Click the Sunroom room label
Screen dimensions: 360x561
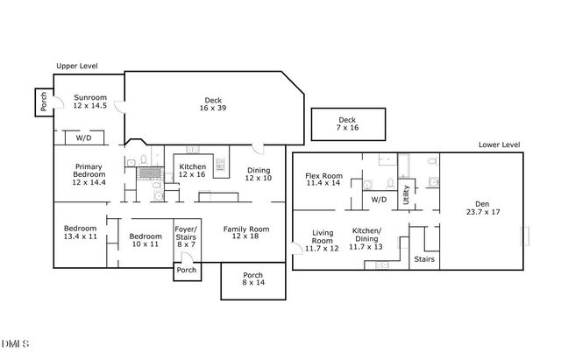(x=90, y=102)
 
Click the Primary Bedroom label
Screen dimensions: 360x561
(x=89, y=174)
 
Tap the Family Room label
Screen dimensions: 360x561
(x=245, y=232)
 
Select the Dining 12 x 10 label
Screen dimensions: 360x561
(x=259, y=174)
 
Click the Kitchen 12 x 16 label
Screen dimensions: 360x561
(x=192, y=171)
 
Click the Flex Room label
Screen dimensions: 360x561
(x=323, y=179)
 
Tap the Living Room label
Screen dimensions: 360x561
(x=323, y=240)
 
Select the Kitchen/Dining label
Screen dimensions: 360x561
(x=366, y=240)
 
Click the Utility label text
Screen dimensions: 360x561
(x=406, y=194)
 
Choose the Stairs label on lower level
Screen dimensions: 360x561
(x=423, y=259)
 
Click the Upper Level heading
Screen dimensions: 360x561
(x=77, y=66)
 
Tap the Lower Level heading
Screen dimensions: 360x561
(x=500, y=145)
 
